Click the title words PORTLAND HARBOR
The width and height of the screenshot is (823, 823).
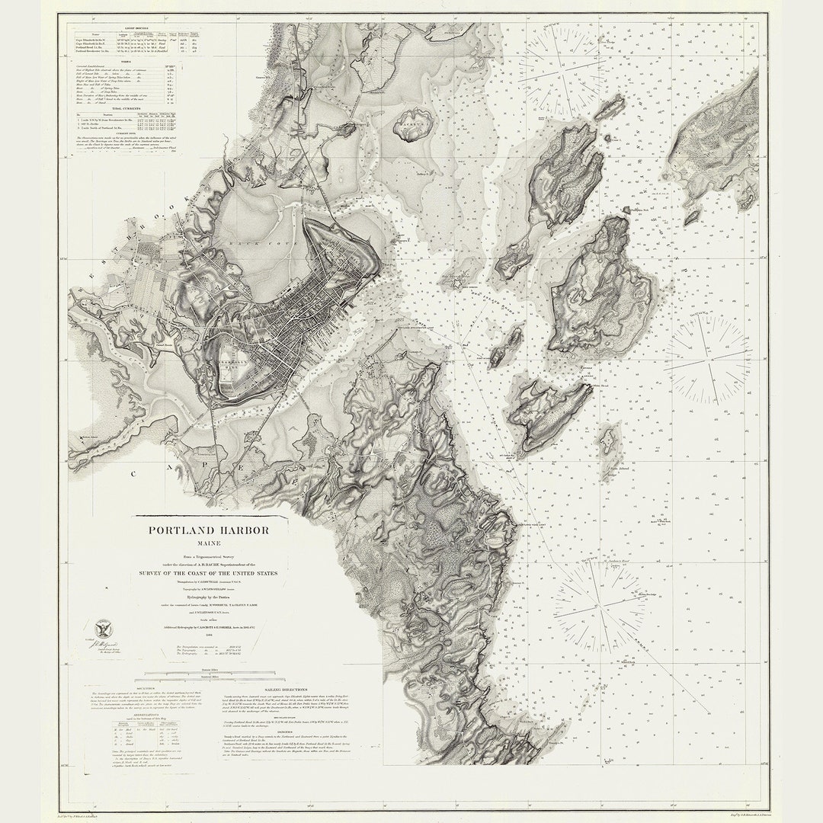pos(208,530)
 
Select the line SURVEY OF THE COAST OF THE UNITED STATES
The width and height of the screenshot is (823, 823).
pos(208,573)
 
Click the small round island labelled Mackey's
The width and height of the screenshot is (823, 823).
pos(414,124)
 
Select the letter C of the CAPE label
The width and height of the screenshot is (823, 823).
pos(134,473)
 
